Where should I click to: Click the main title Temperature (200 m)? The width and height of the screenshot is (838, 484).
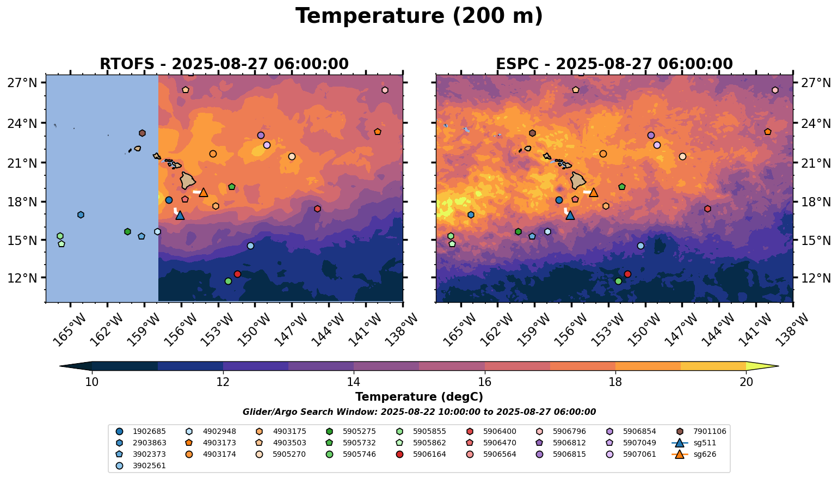tap(419, 16)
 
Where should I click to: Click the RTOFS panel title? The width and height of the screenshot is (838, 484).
tap(224, 64)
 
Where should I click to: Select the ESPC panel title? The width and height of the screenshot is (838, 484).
tap(614, 64)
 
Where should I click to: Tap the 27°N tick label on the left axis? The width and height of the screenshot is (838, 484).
tap(22, 83)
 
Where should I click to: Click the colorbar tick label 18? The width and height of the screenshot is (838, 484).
tap(615, 382)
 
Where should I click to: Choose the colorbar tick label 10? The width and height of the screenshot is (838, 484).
tap(92, 382)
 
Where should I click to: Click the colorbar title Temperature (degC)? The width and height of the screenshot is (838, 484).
tap(419, 397)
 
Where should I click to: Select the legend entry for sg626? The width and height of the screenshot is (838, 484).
tap(703, 454)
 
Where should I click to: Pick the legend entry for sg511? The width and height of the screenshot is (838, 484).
tap(703, 443)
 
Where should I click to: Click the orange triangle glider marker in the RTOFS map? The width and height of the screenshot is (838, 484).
tap(204, 192)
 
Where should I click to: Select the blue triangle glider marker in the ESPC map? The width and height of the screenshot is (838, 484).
tap(570, 215)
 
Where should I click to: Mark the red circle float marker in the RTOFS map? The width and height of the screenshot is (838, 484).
tap(237, 274)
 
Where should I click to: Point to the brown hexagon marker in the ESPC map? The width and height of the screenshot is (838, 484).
tap(532, 133)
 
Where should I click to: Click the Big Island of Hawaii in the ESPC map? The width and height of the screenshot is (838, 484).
tap(579, 181)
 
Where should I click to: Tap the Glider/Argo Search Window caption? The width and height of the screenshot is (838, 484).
tap(419, 412)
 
